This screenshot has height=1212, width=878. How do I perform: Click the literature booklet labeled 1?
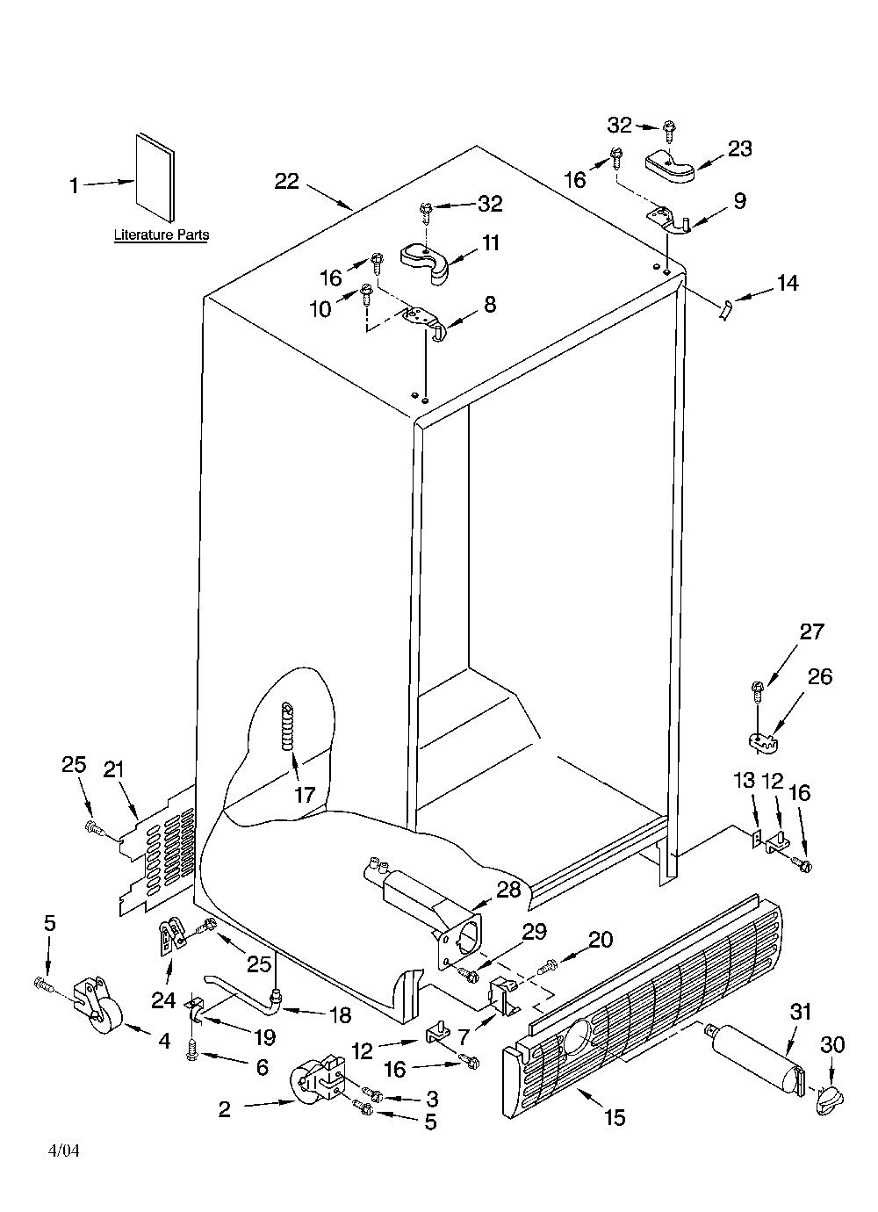click(155, 177)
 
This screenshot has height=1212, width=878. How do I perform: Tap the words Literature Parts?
click(162, 234)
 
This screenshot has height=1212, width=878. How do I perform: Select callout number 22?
click(287, 181)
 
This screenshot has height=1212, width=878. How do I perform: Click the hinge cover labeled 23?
click(670, 167)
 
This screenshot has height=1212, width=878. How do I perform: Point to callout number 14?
click(787, 283)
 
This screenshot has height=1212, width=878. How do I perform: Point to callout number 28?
click(508, 890)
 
